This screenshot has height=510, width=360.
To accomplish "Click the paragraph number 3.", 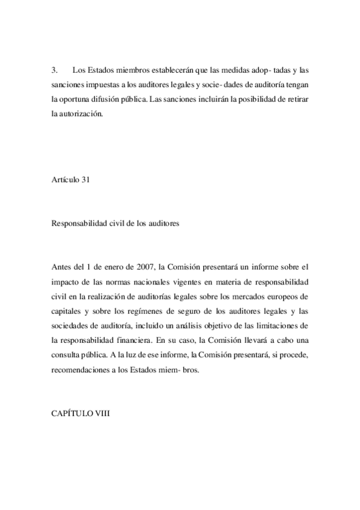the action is point(53,71).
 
